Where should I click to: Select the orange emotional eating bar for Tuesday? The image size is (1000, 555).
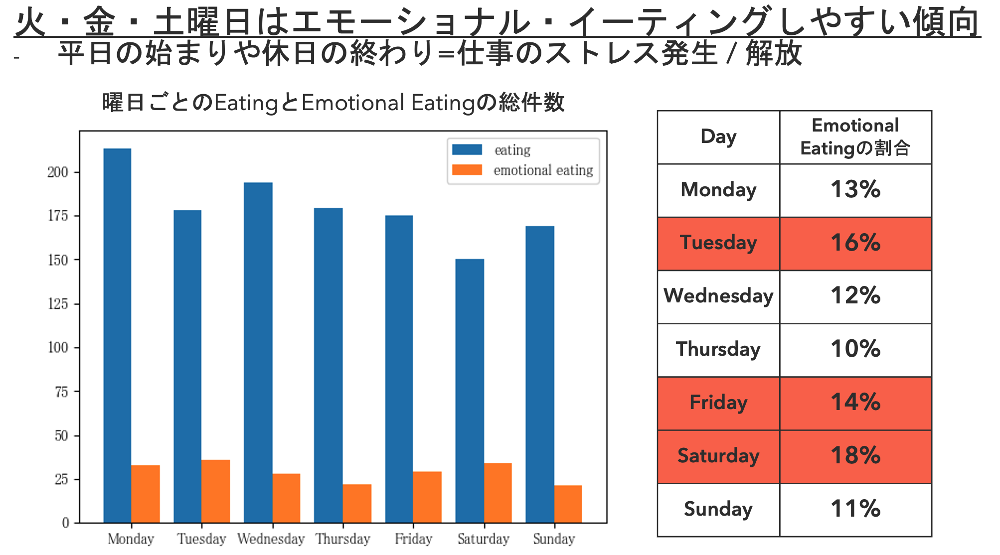click(x=215, y=491)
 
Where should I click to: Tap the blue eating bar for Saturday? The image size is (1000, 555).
click(x=470, y=391)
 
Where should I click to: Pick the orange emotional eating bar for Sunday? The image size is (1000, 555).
click(x=568, y=504)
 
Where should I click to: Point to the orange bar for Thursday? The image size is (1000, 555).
click(x=357, y=503)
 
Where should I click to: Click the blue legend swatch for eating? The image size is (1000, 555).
click(x=467, y=149)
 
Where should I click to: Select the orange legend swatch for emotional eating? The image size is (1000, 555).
click(x=467, y=170)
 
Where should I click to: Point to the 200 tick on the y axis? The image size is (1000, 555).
click(x=58, y=172)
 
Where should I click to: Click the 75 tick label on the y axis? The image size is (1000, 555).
click(x=61, y=392)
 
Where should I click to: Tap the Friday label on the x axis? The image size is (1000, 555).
click(x=413, y=539)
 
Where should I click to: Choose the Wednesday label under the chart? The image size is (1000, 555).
click(x=271, y=539)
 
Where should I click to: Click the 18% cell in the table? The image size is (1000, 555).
click(x=855, y=456)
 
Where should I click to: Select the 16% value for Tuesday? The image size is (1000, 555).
click(x=855, y=243)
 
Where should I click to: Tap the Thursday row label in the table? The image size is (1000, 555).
click(x=718, y=349)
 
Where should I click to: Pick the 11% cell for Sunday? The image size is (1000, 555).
click(x=855, y=509)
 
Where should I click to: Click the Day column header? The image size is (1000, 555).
click(x=718, y=137)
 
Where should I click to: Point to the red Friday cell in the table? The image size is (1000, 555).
click(x=718, y=403)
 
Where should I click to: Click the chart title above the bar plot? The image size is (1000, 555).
click(x=333, y=103)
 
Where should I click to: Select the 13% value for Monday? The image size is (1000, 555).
click(x=855, y=190)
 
